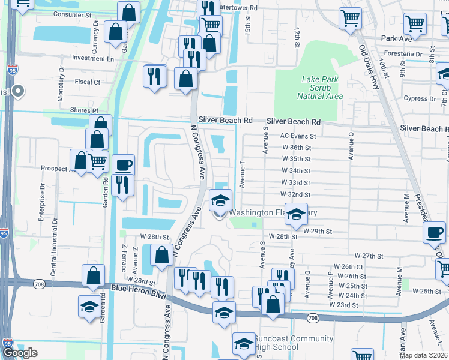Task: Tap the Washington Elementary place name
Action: [x=273, y=213]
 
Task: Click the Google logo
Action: [x=20, y=353]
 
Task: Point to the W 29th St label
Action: [x=317, y=231]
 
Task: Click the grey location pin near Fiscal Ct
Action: [x=18, y=92]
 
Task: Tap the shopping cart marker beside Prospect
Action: [x=97, y=161]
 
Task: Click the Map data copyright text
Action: [x=423, y=355]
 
